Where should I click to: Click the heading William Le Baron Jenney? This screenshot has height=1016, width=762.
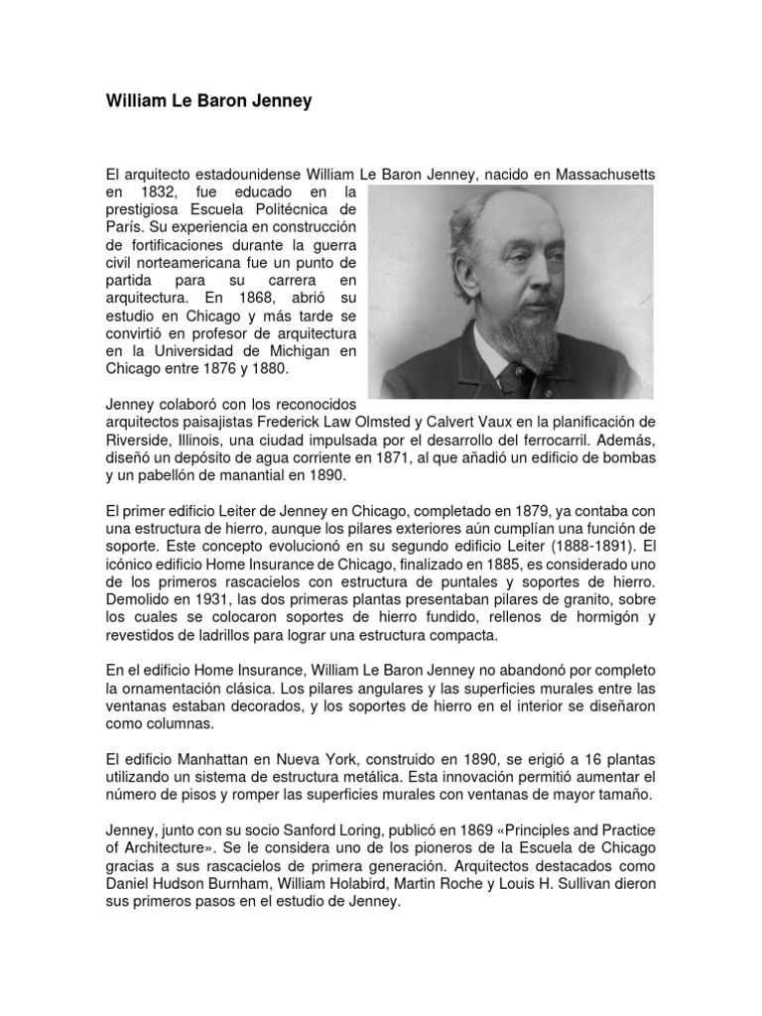[208, 101]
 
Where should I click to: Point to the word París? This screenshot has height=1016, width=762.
[124, 226]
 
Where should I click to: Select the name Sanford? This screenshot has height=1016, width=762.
[337, 829]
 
